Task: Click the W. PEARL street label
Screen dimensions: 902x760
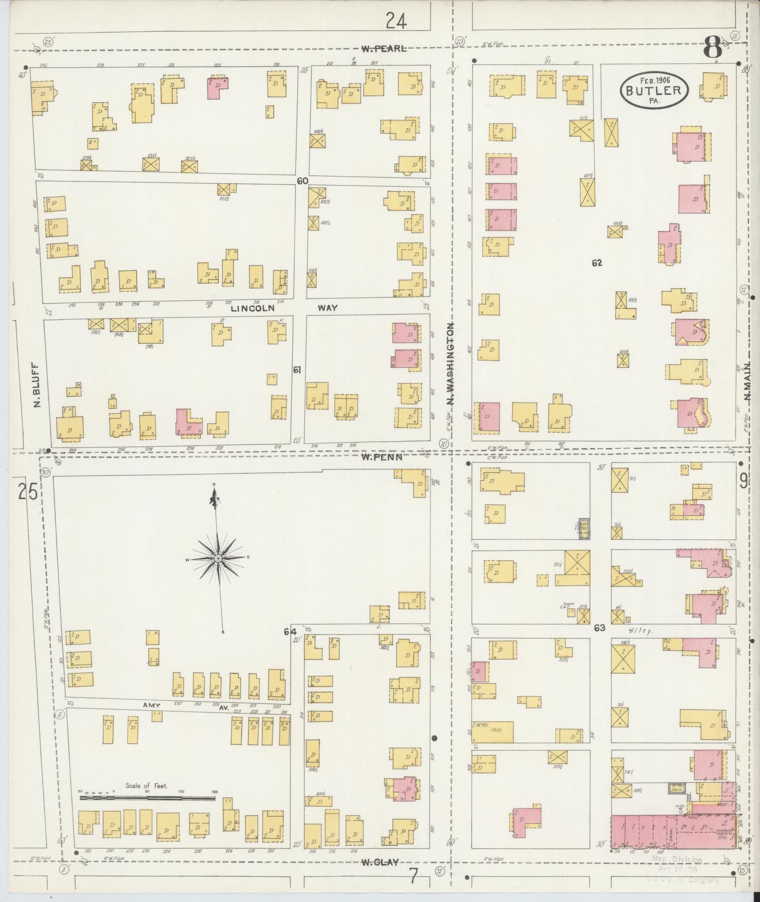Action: [384, 49]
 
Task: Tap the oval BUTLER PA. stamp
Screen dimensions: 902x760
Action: [654, 90]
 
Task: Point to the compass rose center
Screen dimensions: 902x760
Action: [218, 559]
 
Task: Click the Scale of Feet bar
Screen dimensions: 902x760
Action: [147, 799]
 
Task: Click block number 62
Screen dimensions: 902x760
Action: [597, 263]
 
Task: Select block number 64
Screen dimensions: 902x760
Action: [290, 631]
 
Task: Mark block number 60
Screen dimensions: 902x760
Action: [302, 181]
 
